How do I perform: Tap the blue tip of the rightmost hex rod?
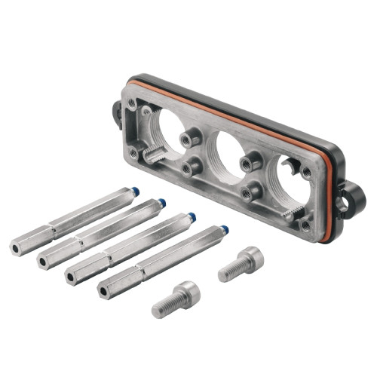tap(225, 229)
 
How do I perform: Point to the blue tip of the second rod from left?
tap(161, 203)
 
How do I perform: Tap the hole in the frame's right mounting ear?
tap(347, 201)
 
